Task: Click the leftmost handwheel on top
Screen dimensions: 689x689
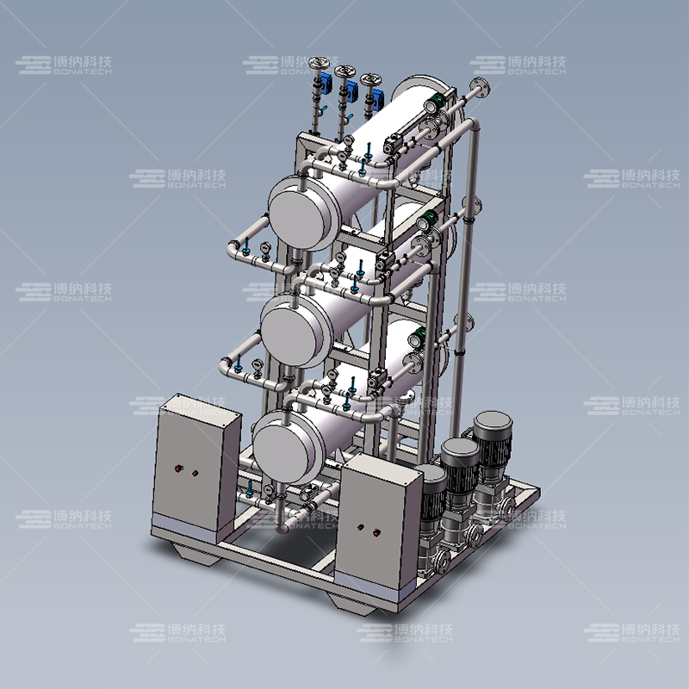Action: [319, 63]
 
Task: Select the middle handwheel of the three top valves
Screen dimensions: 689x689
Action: [344, 71]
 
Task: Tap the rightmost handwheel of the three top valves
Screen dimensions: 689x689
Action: [370, 80]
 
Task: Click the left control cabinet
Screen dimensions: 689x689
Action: [196, 469]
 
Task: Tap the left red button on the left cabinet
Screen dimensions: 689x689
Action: [178, 469]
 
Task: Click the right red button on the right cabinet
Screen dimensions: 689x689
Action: [377, 532]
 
